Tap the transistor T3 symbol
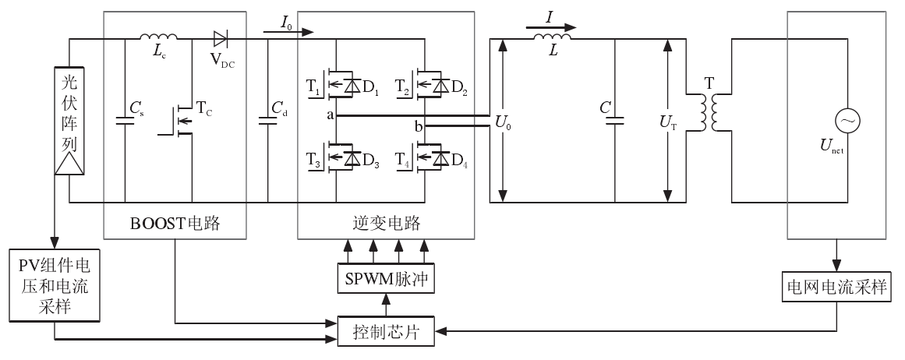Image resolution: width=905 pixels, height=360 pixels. (334, 158)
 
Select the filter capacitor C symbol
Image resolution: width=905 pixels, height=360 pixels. (615, 121)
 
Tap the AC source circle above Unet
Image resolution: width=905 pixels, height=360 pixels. (845, 121)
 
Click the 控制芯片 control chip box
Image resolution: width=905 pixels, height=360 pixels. (387, 333)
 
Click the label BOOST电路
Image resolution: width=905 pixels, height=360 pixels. (175, 224)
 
